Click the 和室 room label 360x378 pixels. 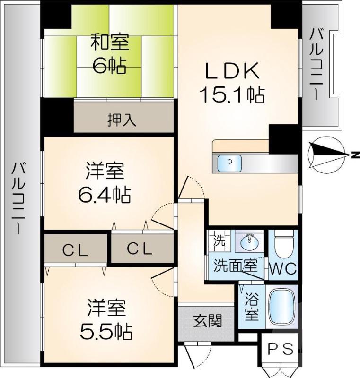tap(109, 43)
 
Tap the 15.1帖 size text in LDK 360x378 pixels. tap(232, 96)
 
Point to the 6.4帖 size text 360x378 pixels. tap(105, 194)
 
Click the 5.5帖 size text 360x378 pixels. tap(105, 332)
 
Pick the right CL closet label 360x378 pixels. tap(140, 249)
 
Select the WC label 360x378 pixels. tap(283, 268)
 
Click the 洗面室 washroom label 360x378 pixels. tap(235, 265)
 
